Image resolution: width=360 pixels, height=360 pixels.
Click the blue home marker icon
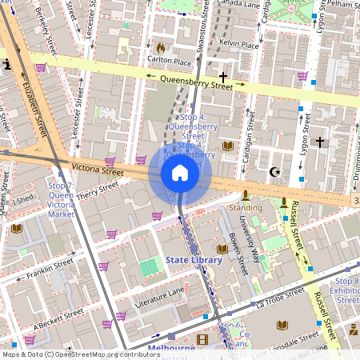(x=179, y=173)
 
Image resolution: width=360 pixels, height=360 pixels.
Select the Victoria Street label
(x=97, y=170)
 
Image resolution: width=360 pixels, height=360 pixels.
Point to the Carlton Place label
(x=169, y=61)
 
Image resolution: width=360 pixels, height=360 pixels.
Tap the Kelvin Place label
(x=239, y=45)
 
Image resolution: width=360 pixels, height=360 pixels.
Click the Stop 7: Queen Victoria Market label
(x=61, y=200)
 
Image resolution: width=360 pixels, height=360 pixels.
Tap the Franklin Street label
(x=50, y=267)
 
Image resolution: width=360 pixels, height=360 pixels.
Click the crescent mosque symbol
(x=276, y=172)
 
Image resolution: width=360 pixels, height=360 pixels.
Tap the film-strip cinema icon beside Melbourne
(x=202, y=340)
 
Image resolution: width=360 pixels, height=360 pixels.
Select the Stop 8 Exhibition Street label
(x=347, y=290)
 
